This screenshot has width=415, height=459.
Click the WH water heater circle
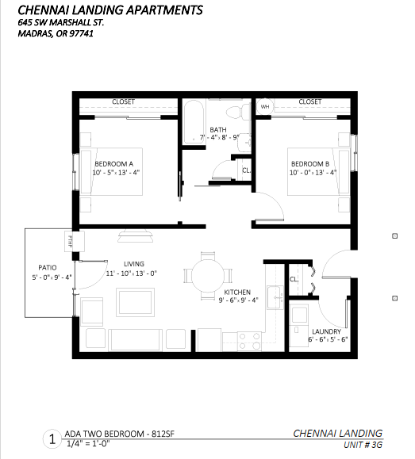click(x=265, y=106)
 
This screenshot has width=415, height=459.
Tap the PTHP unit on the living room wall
click(x=75, y=241)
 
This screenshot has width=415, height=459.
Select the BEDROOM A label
click(x=113, y=163)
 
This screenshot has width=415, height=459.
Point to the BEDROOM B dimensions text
click(x=313, y=172)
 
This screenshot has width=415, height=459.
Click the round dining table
click(x=208, y=275)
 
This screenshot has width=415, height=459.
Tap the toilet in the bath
click(x=237, y=112)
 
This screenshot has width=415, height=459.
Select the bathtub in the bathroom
click(x=194, y=122)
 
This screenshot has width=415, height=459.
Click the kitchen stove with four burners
click(x=249, y=341)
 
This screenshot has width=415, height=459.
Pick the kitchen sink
click(x=275, y=297)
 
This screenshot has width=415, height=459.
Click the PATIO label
click(x=48, y=268)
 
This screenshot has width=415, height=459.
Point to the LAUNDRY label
click(x=326, y=331)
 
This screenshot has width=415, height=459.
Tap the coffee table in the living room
click(x=135, y=302)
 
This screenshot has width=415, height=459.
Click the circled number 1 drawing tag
click(x=52, y=439)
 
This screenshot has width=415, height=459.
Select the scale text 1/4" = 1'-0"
click(x=88, y=444)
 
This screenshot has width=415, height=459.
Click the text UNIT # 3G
click(x=363, y=445)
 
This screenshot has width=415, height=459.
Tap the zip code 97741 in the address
click(x=81, y=33)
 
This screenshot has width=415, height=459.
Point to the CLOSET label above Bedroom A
click(x=123, y=101)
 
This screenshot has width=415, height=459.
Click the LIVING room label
click(x=134, y=264)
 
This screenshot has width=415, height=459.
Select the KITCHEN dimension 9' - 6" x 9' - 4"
click(x=238, y=300)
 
